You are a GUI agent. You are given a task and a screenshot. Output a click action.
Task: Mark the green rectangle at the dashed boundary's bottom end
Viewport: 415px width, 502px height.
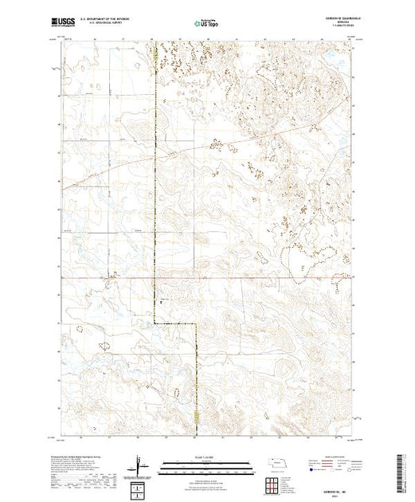pyautogui.click(x=197, y=419)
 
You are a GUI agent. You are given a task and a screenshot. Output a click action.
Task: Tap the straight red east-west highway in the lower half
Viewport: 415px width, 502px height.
pyautogui.click(x=239, y=279)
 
